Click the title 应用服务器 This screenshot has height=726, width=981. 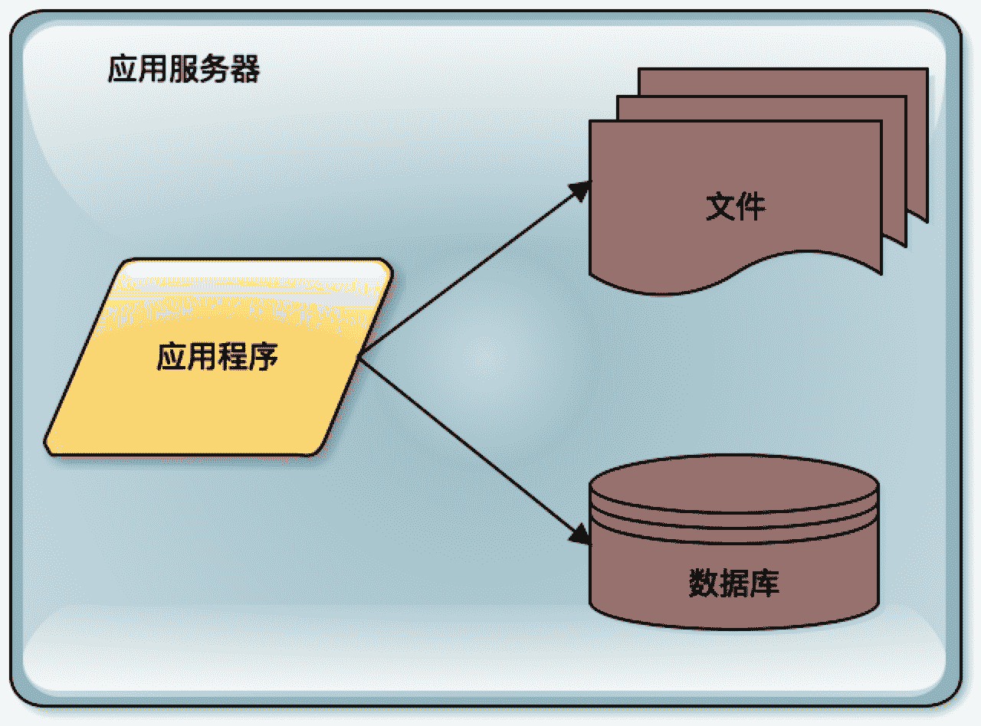[184, 70]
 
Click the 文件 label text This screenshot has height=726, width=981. [735, 207]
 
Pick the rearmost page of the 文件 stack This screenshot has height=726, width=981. [917, 115]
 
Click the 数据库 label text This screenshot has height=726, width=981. [733, 583]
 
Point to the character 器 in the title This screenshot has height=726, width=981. [244, 70]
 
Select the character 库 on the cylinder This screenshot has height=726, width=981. [764, 583]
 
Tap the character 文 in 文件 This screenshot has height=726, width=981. [720, 207]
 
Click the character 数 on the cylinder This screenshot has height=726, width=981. [703, 583]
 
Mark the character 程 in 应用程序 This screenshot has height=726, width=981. [232, 356]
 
